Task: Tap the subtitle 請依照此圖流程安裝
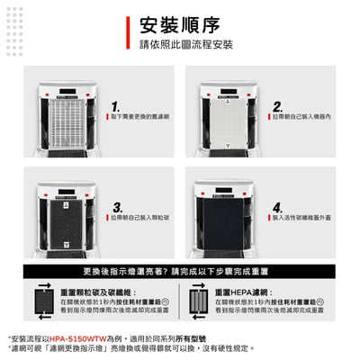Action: click(186, 45)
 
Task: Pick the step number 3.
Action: click(116, 207)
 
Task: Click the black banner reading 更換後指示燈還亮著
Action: click(180, 271)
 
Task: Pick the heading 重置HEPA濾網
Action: click(244, 292)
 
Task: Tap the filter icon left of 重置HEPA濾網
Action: click(197, 300)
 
